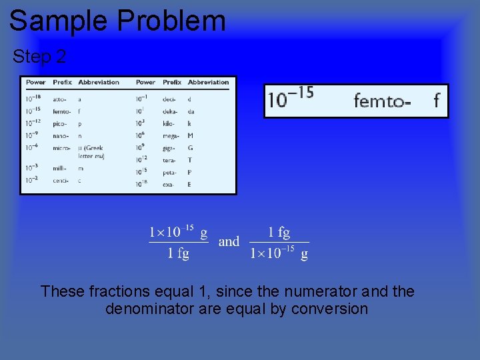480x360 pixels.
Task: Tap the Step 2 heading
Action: [x=39, y=57]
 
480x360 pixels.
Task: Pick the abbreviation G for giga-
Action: [x=191, y=147]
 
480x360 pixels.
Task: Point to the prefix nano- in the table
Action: [x=61, y=135]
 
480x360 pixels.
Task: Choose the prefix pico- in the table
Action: [x=61, y=123]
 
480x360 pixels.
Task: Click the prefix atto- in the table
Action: [x=61, y=99]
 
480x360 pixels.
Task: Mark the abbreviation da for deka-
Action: [x=191, y=111]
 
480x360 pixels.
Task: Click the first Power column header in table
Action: [x=36, y=83]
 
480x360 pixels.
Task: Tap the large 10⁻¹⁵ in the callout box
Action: [x=291, y=99]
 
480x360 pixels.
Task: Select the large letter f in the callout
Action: [x=436, y=101]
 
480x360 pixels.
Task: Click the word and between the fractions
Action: [x=229, y=241]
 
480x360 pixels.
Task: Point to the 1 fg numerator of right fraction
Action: [x=279, y=232]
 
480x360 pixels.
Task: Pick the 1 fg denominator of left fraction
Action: [x=178, y=253]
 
